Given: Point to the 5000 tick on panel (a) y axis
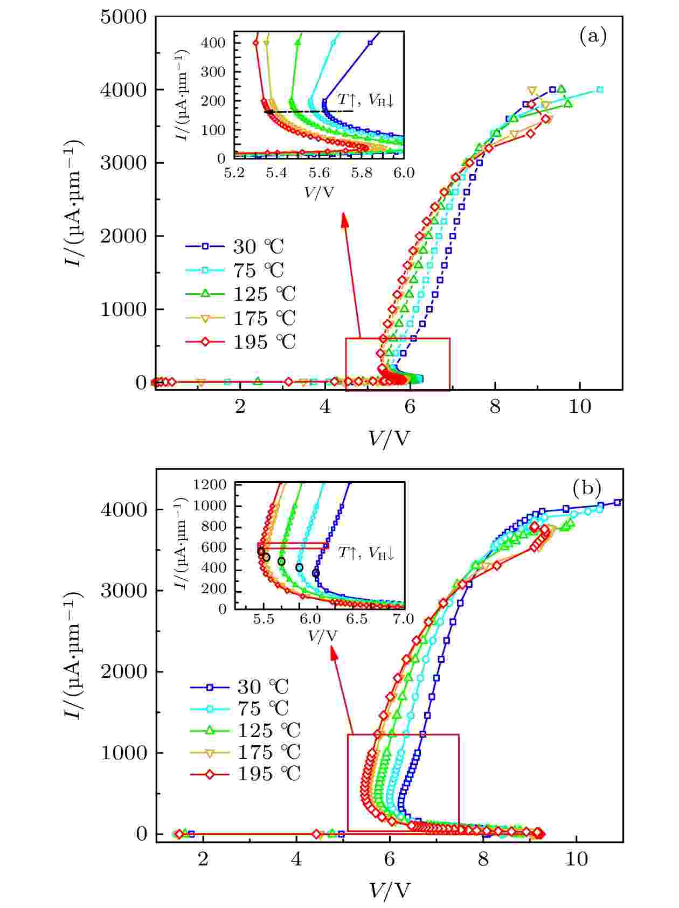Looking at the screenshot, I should pyautogui.click(x=123, y=17).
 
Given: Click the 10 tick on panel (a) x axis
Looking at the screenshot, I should pyautogui.click(x=580, y=407).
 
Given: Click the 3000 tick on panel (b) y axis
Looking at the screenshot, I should pyautogui.click(x=124, y=591).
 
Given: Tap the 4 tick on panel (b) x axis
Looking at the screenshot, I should pyautogui.click(x=296, y=859).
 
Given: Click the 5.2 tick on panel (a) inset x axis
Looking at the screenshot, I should pyautogui.click(x=234, y=172).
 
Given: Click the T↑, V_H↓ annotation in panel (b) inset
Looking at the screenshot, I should pyautogui.click(x=366, y=552).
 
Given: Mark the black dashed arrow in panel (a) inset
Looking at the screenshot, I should pyautogui.click(x=307, y=112).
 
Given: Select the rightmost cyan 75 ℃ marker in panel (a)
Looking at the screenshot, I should pyautogui.click(x=600, y=90).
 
